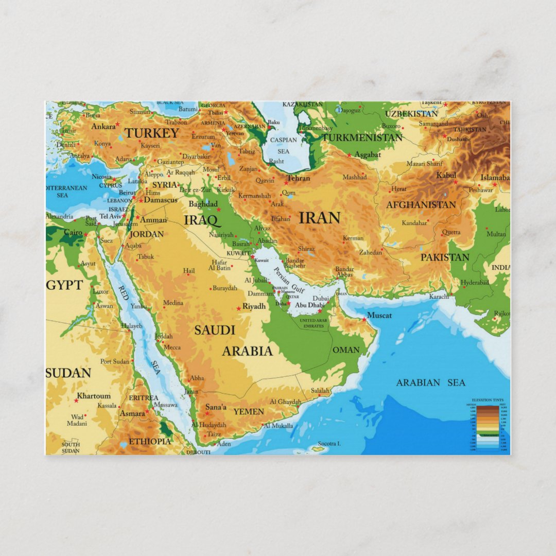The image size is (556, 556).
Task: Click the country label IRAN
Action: click(319, 218)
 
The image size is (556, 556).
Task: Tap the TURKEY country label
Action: click(152, 133)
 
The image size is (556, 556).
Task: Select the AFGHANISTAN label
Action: click(421, 205)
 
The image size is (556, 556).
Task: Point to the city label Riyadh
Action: click(254, 306)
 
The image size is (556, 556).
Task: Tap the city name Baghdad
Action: click(203, 204)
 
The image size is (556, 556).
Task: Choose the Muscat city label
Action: click(379, 315)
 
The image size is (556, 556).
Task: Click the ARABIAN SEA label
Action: click(430, 383)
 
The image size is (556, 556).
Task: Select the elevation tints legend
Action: click(486, 426)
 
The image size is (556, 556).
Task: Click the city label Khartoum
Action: click(94, 396)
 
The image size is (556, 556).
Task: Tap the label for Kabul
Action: click(446, 176)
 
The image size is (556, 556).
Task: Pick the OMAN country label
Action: click(346, 350)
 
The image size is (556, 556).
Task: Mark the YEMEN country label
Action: click(248, 411)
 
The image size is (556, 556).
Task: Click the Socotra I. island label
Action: click(329, 443)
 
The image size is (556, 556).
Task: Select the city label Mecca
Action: click(172, 347)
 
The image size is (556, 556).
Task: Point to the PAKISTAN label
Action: click(445, 257)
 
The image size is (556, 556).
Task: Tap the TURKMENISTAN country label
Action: click(362, 138)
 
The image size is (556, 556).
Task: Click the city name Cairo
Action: click(73, 233)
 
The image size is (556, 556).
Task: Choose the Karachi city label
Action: click(439, 297)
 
